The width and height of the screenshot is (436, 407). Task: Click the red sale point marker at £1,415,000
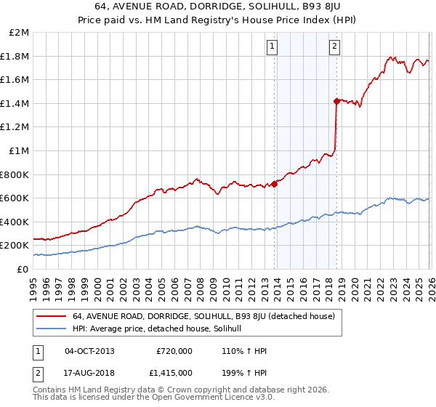click(336, 102)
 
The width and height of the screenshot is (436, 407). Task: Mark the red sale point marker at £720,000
click(274, 184)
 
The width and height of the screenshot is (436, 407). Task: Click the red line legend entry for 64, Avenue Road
click(203, 316)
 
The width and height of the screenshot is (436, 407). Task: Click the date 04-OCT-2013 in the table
click(89, 351)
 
